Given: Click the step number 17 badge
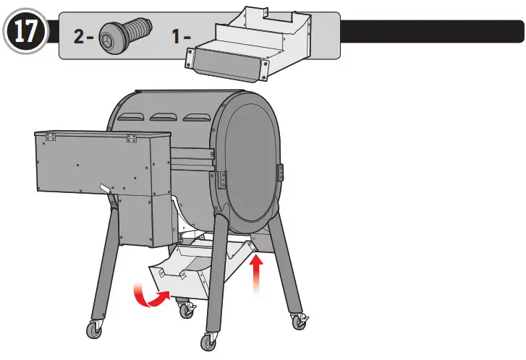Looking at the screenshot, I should coord(26,33).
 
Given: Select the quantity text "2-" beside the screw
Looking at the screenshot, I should coord(86,35).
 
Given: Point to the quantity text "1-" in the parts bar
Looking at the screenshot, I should coord(181,35).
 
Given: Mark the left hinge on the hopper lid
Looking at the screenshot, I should coord(49,135).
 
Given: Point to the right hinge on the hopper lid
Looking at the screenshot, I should coord(131,137).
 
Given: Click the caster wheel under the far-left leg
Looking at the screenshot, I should coord(94,329).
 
